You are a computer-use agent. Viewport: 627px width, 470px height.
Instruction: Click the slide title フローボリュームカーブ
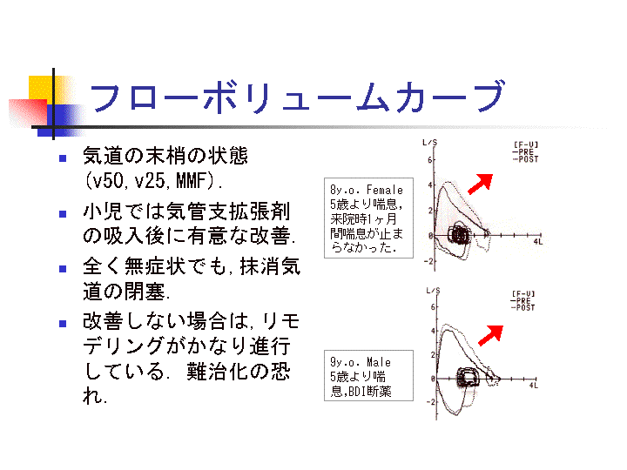tap(296, 97)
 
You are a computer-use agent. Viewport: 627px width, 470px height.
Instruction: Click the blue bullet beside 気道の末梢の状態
tap(63, 158)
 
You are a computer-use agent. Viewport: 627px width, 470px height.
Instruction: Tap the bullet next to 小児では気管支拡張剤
tap(63, 212)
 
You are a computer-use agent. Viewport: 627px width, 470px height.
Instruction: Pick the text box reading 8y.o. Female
tap(366, 218)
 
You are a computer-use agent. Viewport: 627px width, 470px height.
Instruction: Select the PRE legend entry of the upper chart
tap(524, 152)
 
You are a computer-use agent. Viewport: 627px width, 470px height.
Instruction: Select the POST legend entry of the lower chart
tap(524, 307)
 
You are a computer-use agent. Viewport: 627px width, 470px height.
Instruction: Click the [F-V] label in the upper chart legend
tap(524, 144)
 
